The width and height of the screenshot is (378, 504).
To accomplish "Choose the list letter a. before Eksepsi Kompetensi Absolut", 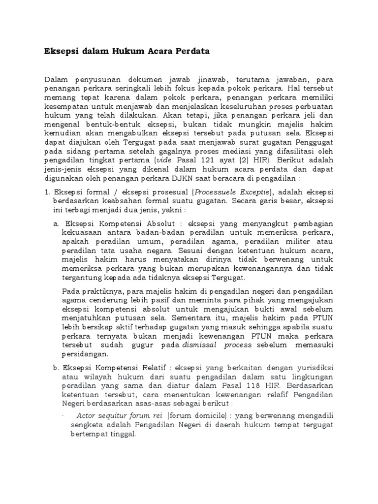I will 56,238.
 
